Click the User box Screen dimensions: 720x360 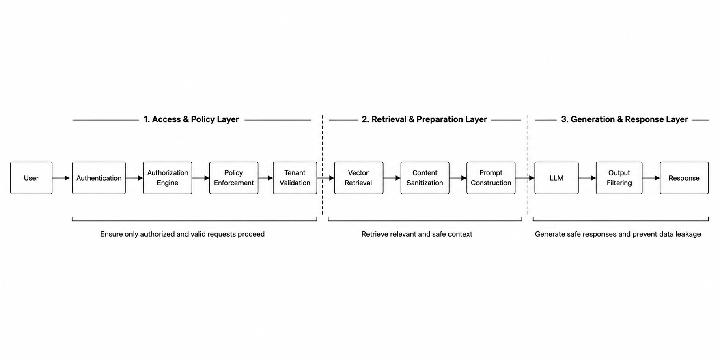click(31, 178)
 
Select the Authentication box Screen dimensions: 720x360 click(99, 178)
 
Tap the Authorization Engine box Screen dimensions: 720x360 click(168, 178)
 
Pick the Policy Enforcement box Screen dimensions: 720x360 click(234, 178)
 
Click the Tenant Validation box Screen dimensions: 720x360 click(295, 178)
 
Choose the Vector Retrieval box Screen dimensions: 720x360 click(359, 178)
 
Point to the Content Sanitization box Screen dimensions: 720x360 click(425, 178)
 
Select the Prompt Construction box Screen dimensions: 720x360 click(491, 178)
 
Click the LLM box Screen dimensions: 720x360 click(556, 178)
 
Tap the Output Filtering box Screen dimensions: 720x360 click(619, 178)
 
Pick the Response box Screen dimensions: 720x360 click(684, 178)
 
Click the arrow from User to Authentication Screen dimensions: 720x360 click(61, 178)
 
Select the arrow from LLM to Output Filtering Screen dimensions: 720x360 click(587, 178)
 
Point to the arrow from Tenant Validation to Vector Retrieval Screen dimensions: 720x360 click(326, 178)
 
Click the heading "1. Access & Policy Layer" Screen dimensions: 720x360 click(191, 119)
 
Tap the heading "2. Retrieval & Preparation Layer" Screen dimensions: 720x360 click(424, 119)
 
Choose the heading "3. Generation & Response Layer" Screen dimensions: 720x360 click(624, 119)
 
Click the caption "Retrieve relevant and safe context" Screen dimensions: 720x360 click(417, 234)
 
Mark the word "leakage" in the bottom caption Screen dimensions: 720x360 click(687, 234)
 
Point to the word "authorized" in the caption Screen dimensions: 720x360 click(157, 234)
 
